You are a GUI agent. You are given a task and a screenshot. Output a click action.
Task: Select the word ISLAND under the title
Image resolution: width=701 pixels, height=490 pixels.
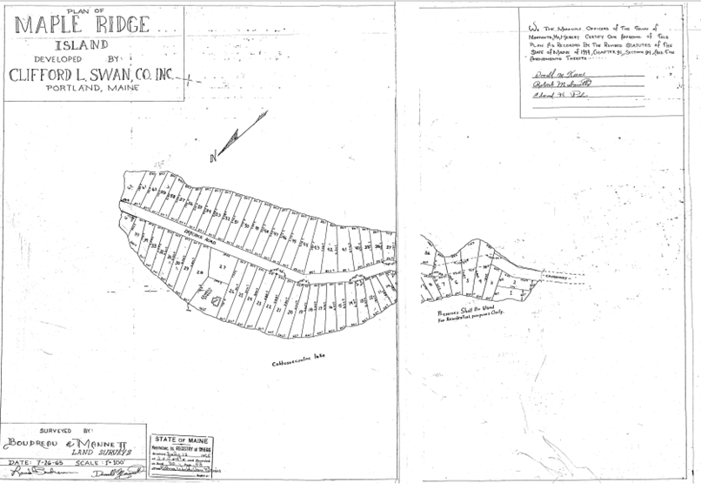[82, 44]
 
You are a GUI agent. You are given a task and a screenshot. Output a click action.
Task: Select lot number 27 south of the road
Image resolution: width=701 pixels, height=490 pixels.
[221, 266]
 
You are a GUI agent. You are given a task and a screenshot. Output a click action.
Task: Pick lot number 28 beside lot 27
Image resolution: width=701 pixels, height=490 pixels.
[199, 273]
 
